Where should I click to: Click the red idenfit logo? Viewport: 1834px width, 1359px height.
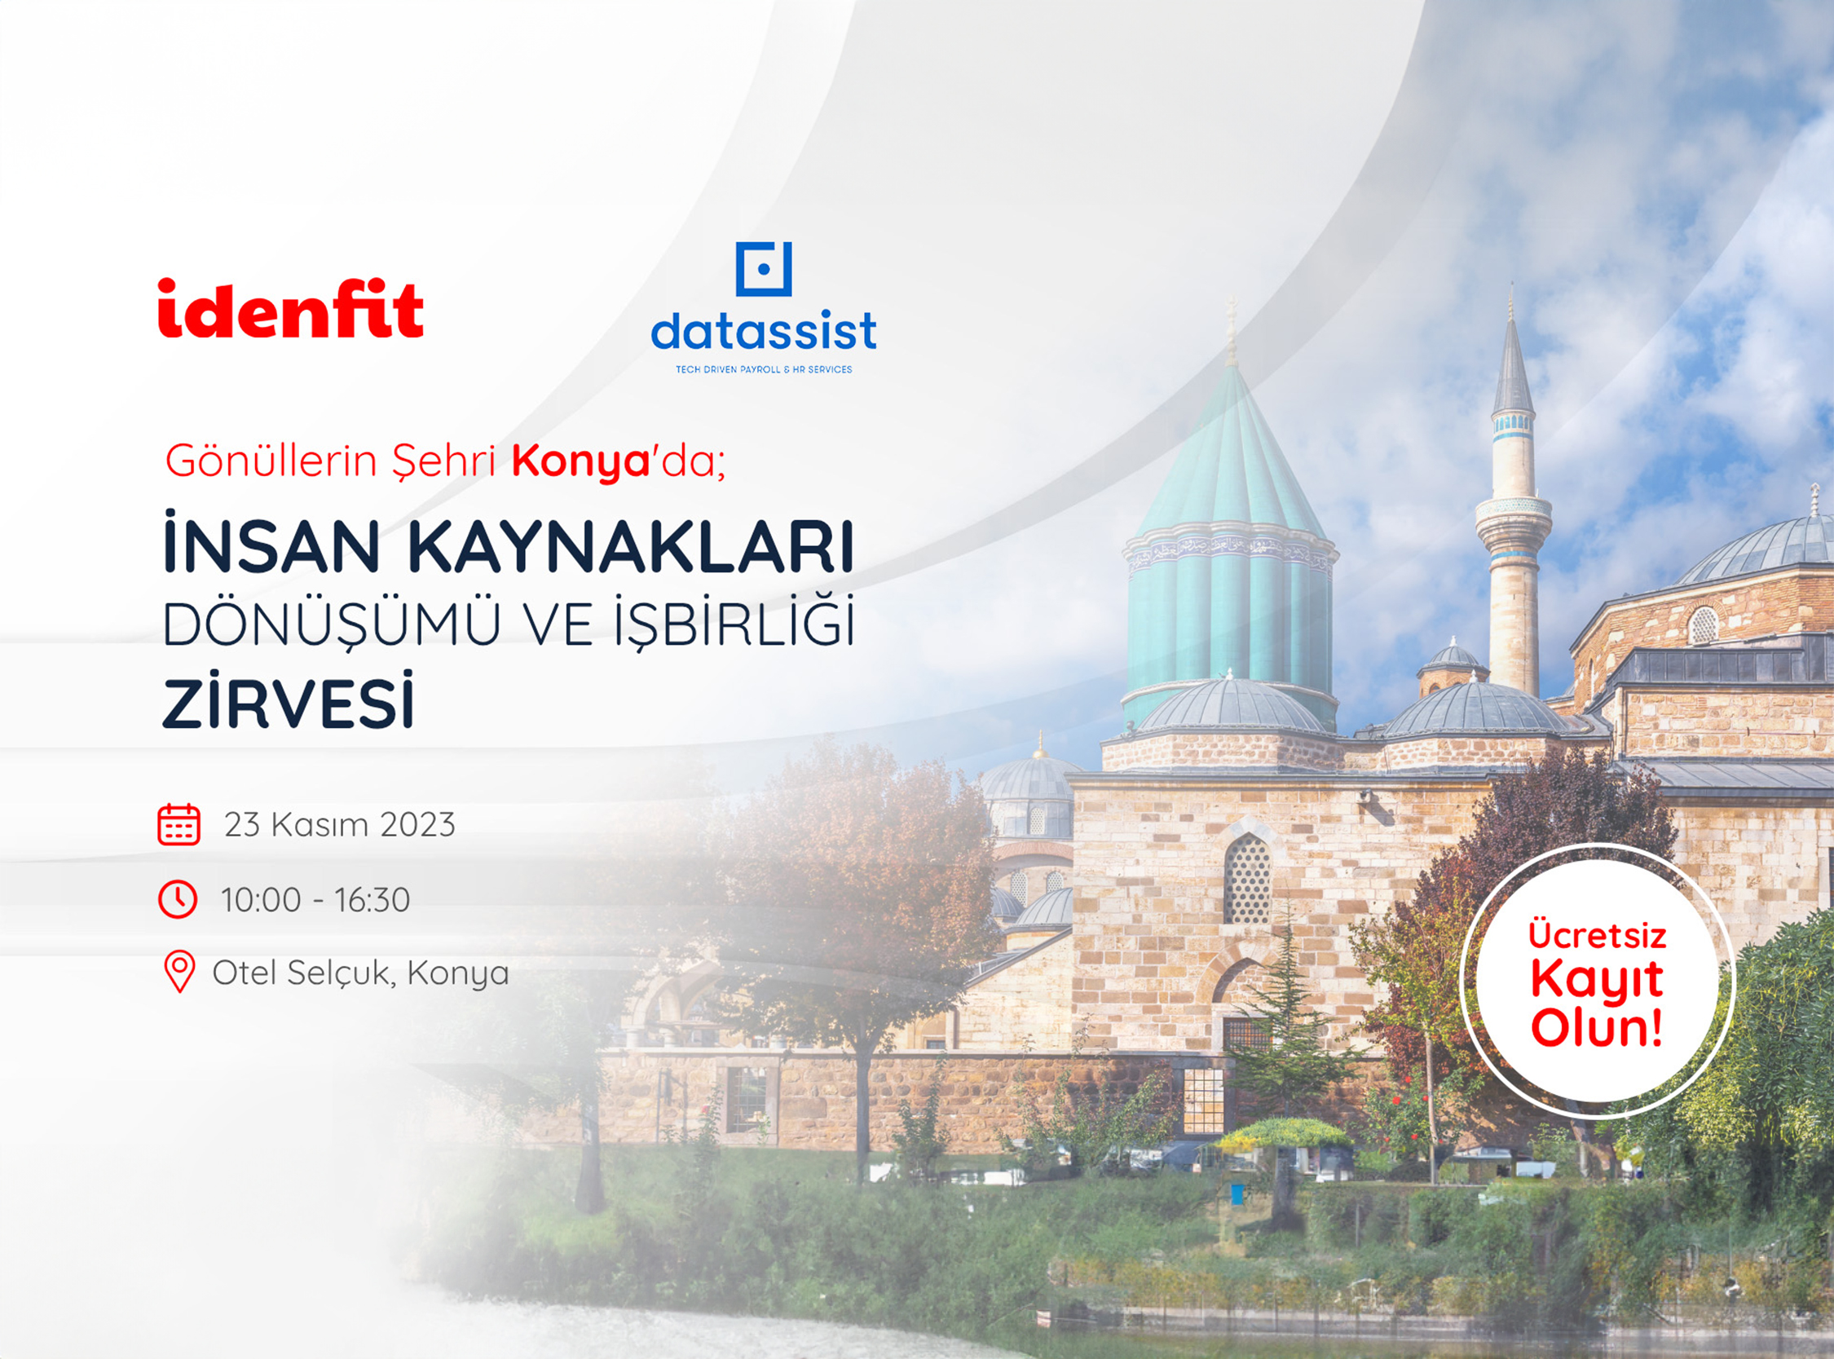click(290, 308)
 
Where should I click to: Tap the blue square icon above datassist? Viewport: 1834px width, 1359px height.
click(763, 268)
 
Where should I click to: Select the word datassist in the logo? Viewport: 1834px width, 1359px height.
click(763, 331)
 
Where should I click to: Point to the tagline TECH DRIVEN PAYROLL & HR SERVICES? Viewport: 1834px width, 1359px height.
click(763, 369)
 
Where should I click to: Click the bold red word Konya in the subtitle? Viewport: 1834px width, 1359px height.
click(580, 461)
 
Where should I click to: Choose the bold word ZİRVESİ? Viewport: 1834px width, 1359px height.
click(288, 702)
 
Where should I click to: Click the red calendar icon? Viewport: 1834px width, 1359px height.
click(179, 824)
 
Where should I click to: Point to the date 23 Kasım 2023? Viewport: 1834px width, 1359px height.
click(340, 824)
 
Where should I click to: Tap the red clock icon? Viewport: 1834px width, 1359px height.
click(178, 899)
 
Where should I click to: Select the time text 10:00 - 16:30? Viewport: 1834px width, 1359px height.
click(315, 900)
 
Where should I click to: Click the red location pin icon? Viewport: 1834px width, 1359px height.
click(179, 972)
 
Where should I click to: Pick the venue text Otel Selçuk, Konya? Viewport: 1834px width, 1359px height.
click(361, 973)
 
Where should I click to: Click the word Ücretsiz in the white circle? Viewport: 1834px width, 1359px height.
click(1597, 935)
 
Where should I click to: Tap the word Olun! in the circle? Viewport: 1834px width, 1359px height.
click(1597, 1028)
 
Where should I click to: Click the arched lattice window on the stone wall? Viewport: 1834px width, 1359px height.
click(1247, 878)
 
